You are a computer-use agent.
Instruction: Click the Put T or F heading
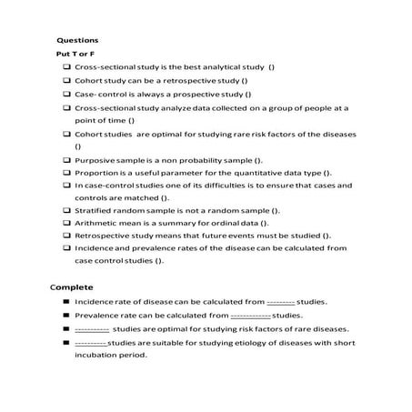pos(72,54)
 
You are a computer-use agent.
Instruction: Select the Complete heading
pos(71,286)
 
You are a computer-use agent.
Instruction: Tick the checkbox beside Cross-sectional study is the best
pos(68,68)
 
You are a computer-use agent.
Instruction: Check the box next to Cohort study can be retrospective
pos(68,81)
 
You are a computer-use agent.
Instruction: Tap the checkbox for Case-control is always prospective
pos(68,94)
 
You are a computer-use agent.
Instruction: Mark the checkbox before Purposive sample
pos(68,159)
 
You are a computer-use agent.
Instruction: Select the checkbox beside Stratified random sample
pos(68,210)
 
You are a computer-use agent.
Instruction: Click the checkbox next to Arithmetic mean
pos(68,223)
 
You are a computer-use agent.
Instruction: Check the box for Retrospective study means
pos(68,236)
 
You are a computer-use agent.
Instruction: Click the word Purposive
pos(94,159)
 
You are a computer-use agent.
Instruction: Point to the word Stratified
pos(95,210)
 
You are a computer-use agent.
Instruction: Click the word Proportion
pos(96,172)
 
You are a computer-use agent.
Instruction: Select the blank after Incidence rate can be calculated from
pos(280,302)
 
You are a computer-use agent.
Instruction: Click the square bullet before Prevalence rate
pos(67,315)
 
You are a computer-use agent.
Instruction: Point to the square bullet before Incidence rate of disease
pos(67,302)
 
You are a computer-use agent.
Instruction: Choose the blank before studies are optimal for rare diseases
pos(92,328)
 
